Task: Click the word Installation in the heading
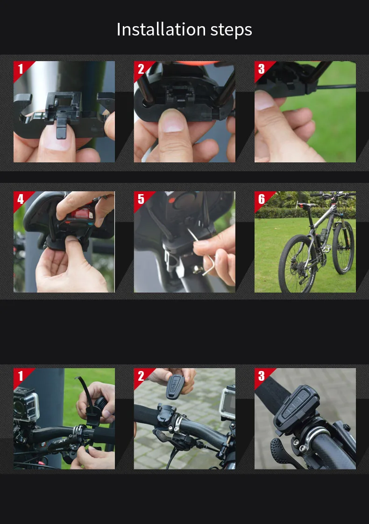tap(161, 29)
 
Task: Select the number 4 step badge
tap(21, 199)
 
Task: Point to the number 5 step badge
tap(141, 199)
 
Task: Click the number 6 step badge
tap(261, 199)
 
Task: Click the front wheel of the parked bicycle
tap(343, 247)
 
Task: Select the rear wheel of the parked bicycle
tap(297, 264)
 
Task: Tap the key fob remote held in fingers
tap(175, 387)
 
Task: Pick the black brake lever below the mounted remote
tap(283, 451)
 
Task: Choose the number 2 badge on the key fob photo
tap(141, 376)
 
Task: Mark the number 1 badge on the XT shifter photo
tap(21, 376)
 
